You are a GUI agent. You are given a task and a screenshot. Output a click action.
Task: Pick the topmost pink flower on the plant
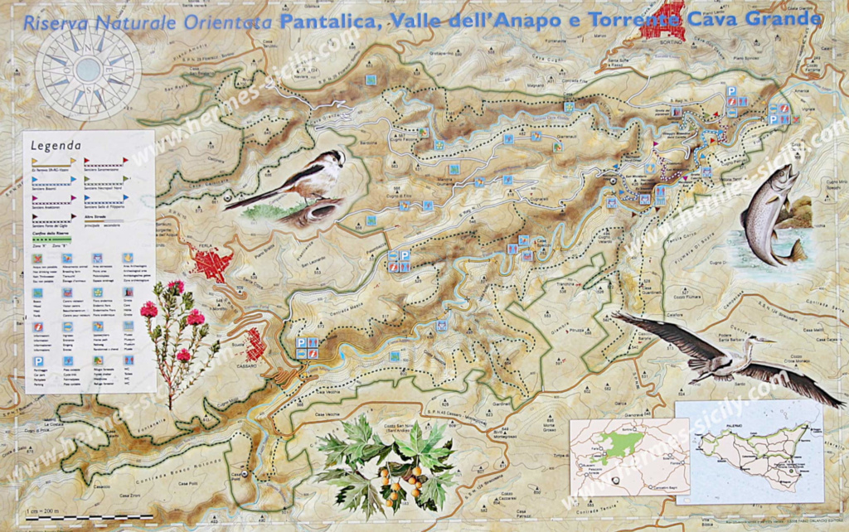(x=176, y=287)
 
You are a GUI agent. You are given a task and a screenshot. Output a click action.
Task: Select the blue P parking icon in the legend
(x=38, y=362)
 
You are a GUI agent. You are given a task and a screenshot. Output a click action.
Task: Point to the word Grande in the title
(x=783, y=18)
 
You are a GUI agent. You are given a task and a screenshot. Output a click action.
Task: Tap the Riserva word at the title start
(x=51, y=22)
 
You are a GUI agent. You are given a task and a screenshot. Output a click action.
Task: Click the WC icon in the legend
(x=129, y=362)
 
